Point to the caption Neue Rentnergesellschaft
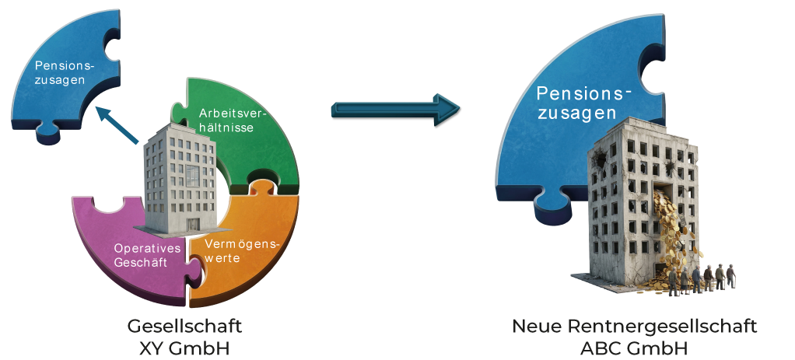[635, 326]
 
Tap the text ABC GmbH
[635, 346]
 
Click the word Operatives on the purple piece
[147, 248]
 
